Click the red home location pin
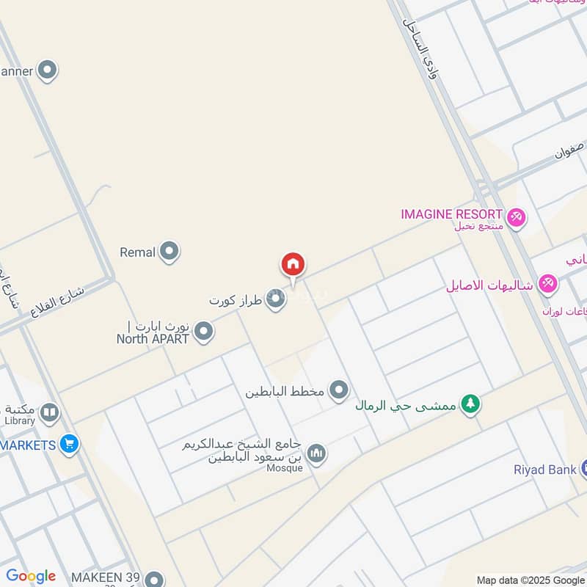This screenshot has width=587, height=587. point(293,265)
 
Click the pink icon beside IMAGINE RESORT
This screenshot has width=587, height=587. point(517,217)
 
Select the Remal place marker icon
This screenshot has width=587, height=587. point(169,252)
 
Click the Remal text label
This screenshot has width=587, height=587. point(137,252)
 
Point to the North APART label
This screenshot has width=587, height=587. point(153,338)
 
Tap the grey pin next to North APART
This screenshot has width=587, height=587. point(204,332)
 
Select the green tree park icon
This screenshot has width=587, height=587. point(470,404)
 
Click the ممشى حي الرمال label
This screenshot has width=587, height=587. point(406,405)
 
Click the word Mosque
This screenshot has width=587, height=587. point(284,469)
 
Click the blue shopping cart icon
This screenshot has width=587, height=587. point(70,444)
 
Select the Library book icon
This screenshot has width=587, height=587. point(49,412)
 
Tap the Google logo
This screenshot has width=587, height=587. point(31,576)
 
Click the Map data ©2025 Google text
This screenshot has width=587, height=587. point(531,580)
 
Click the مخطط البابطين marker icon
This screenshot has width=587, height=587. point(338,390)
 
